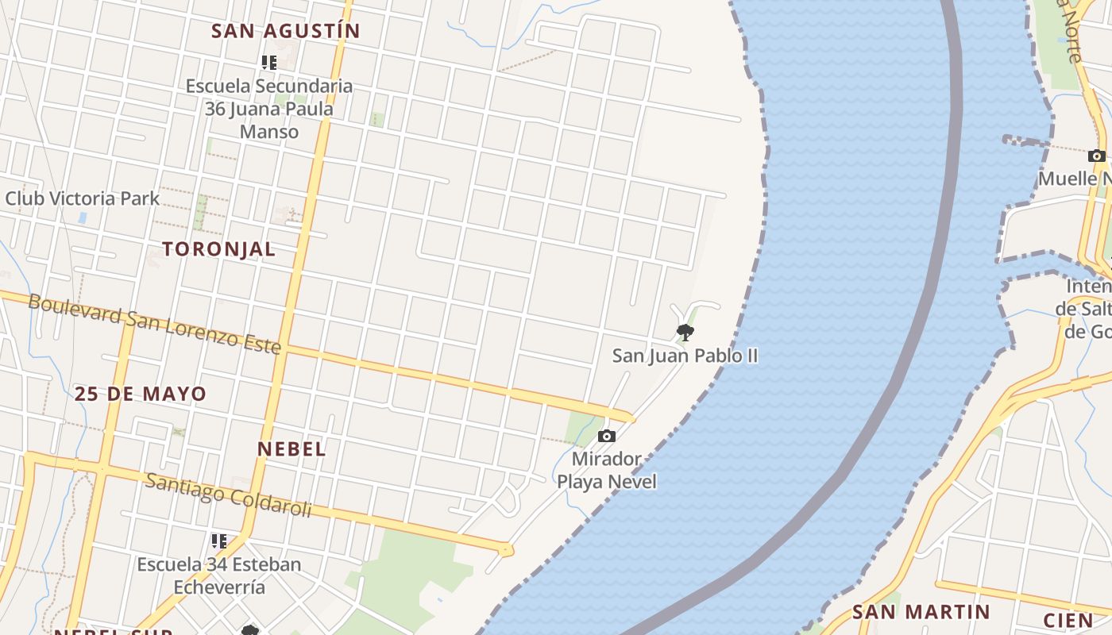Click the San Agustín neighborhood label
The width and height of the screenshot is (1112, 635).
coord(286,31)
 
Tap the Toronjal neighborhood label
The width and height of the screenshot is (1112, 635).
coord(219,248)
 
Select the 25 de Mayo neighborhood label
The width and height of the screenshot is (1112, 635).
coord(141,394)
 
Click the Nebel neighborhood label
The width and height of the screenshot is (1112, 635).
coord(292,448)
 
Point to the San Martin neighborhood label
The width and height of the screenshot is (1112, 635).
coord(921,612)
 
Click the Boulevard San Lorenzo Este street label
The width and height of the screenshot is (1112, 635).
coord(155,324)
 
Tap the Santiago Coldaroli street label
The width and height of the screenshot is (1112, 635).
coord(228,495)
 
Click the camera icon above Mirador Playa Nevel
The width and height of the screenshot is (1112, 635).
coord(606,436)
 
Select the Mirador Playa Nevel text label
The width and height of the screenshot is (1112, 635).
coord(607,470)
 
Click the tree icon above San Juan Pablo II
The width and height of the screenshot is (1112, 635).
coord(685,332)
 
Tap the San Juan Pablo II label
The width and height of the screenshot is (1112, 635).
coord(685,356)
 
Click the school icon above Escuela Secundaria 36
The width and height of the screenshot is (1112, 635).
coord(268,62)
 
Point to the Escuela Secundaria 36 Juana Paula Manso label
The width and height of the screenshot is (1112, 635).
coord(269,109)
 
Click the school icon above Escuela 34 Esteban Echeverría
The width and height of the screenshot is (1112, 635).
coord(218,541)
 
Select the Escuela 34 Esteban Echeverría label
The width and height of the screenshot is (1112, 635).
coord(219,575)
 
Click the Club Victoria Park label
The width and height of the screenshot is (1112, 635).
coord(83,198)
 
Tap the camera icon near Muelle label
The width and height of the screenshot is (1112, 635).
coord(1097,156)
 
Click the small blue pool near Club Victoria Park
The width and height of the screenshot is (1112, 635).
coord(83,217)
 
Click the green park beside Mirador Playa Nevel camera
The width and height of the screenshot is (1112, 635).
coord(582,429)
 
